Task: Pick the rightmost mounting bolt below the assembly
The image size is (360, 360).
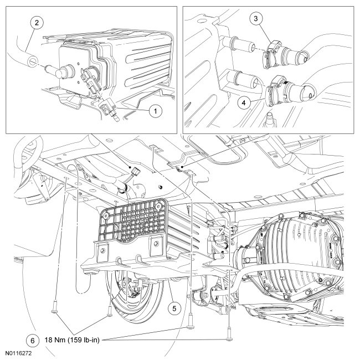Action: click(x=227, y=335)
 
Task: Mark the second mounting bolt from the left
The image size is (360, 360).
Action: click(x=110, y=312)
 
